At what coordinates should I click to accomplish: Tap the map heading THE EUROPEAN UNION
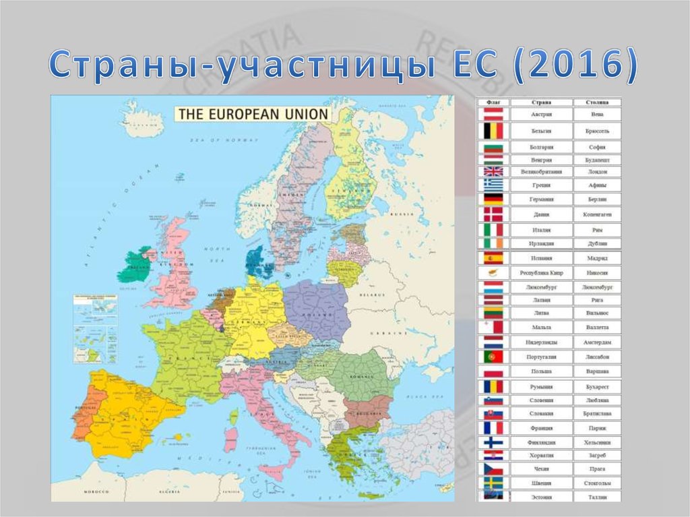point(253,114)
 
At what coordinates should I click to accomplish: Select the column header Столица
point(596,102)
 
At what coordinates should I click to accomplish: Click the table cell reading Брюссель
point(596,131)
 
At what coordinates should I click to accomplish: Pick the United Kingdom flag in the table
point(493,172)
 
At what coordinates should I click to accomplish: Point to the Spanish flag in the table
point(493,258)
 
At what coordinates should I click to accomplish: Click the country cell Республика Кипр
point(541,273)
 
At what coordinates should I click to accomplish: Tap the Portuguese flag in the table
point(493,357)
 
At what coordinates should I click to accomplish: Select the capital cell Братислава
point(596,413)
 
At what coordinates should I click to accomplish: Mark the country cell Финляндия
point(541,443)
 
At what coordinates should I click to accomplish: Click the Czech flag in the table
point(493,468)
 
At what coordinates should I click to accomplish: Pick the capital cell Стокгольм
point(596,483)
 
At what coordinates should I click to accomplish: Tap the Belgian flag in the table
point(493,131)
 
